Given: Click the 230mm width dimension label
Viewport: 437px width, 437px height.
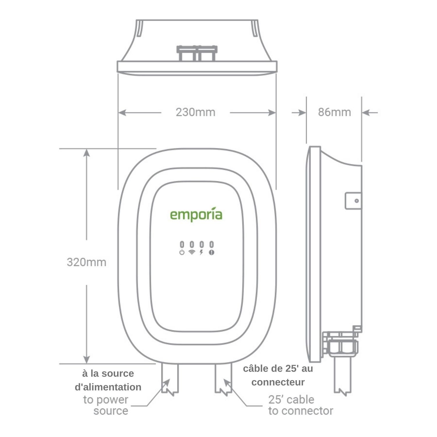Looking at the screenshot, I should pos(195,112).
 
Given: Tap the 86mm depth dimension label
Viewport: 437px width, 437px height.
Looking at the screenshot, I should pos(334,112).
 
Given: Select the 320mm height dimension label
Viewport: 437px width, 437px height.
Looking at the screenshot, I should pos(87,262).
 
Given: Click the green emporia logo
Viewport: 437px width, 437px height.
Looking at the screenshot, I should pos(196,215).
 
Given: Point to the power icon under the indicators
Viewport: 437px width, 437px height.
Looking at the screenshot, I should pos(182,252).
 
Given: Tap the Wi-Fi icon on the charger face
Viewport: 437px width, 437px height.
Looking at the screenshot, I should pos(192,252).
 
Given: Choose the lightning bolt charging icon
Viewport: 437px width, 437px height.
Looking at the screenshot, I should pos(201,252).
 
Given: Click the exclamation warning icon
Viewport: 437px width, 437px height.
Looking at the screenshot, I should pos(212,252).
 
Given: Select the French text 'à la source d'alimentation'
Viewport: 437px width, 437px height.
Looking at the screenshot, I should pos(108,380).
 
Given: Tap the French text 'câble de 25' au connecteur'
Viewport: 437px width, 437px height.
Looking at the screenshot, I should pos(278,375).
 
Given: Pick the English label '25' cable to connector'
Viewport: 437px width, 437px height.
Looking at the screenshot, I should pos(300,405).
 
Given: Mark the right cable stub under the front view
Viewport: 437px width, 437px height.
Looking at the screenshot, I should pos(223,378).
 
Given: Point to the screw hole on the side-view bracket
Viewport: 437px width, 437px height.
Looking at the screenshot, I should pos(357,201).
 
